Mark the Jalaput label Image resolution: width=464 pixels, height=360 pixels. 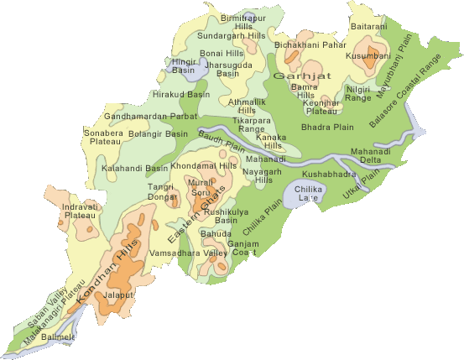click(x=118, y=320)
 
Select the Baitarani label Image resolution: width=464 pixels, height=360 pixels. click(x=371, y=27)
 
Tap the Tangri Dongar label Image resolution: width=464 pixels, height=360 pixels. click(x=161, y=191)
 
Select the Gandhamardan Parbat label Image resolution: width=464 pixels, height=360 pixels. click(x=151, y=116)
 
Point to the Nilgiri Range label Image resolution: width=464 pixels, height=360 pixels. click(x=358, y=93)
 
